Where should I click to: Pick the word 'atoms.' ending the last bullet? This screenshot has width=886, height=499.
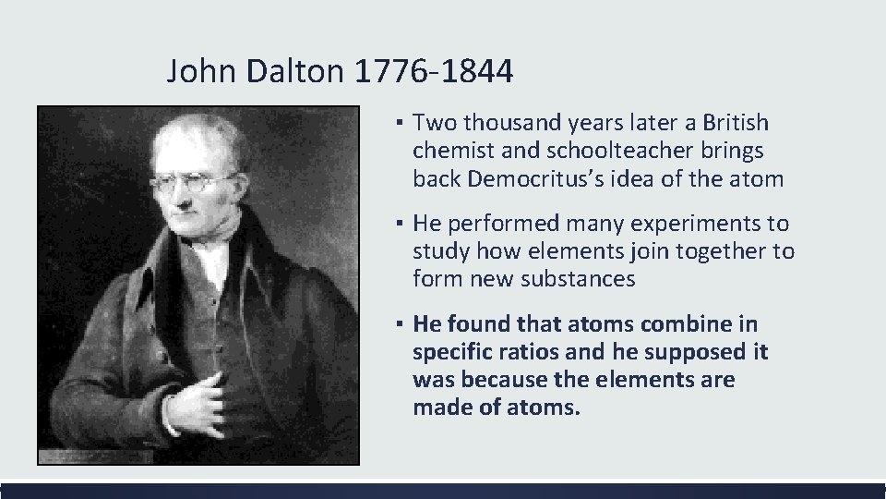[x=545, y=408]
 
